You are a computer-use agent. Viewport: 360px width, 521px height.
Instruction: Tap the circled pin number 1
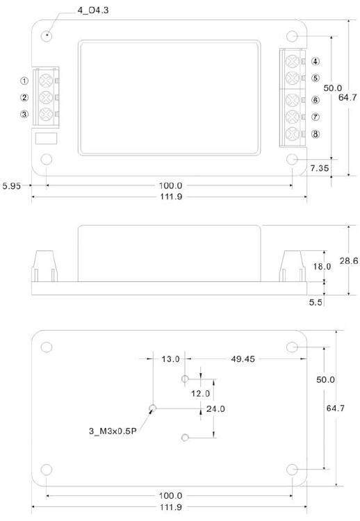pos(24,81)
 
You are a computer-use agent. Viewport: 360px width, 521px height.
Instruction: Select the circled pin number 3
pos(24,114)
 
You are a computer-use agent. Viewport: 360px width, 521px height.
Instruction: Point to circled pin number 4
pos(316,62)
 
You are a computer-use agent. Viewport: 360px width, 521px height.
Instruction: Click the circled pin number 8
pos(316,133)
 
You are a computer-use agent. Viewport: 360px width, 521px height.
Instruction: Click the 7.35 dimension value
pos(320,168)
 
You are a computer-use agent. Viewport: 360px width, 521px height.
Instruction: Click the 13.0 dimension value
pos(170,359)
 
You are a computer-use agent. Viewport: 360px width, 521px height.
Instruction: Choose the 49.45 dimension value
pos(240,359)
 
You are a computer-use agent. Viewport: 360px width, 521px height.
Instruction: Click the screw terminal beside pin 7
pos(293,116)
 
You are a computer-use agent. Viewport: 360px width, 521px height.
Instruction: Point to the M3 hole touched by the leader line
pos(153,408)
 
